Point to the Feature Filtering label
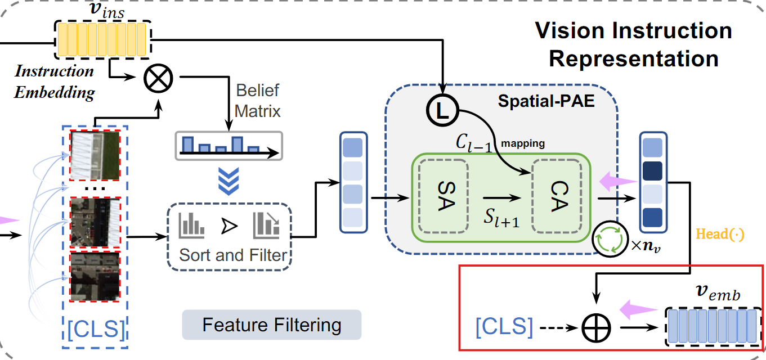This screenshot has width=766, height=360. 271,325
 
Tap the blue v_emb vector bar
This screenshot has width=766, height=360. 713,326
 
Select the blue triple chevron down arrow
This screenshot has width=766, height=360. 229,180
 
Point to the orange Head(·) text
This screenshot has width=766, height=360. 720,234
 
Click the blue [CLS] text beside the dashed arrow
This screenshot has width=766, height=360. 504,326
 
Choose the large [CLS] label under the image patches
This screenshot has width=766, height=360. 95,328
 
